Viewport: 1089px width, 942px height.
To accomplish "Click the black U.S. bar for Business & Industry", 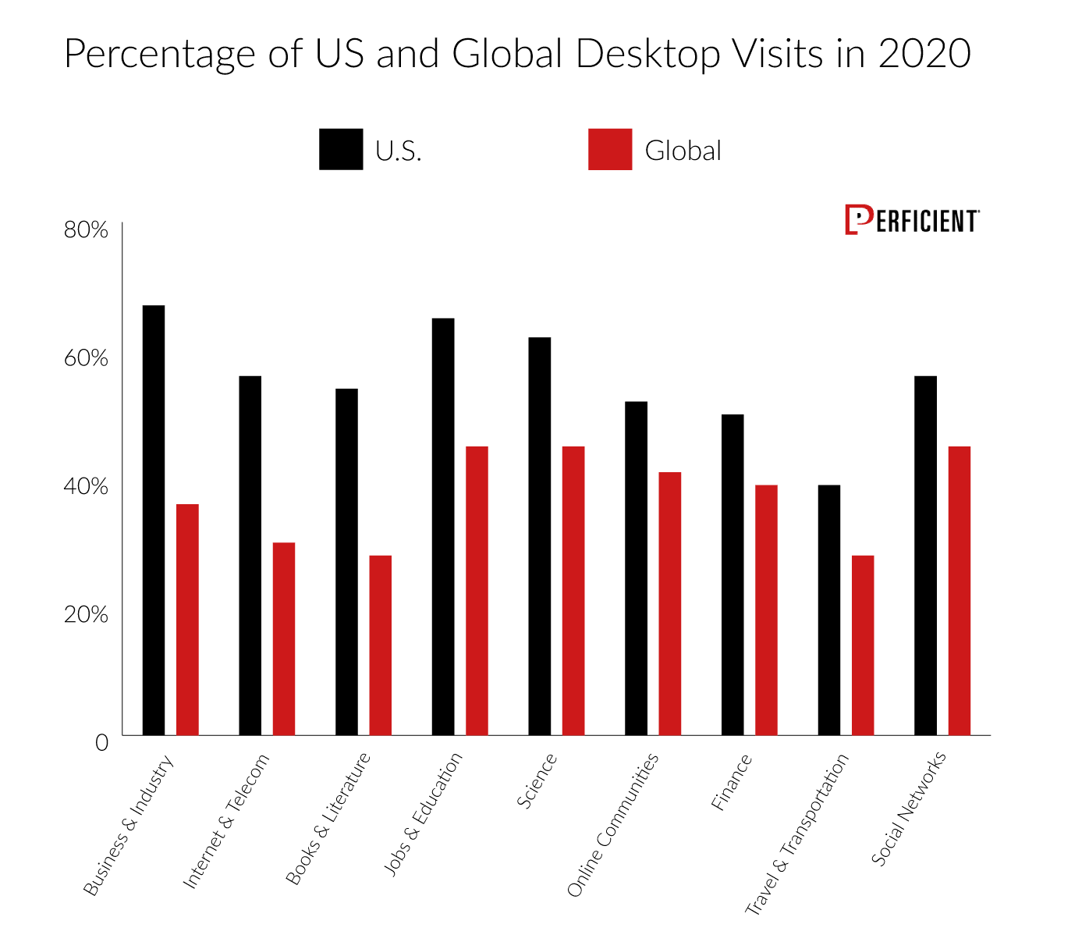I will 154,520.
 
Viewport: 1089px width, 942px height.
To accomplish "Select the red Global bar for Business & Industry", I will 187,620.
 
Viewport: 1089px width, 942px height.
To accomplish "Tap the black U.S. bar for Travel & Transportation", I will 829,610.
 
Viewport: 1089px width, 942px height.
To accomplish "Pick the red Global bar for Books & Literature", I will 380,645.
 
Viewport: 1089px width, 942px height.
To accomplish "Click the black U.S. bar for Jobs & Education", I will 443,527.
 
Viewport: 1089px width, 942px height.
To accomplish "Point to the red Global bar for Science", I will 573,591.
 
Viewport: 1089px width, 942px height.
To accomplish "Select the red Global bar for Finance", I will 766,610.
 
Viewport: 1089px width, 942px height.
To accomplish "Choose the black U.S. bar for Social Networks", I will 925,555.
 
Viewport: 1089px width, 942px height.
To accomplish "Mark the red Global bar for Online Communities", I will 669,603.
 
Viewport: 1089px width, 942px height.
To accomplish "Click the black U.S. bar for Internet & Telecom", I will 250,555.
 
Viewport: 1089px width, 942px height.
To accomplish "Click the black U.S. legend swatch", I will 341,149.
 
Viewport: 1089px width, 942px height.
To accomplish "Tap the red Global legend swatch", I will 610,149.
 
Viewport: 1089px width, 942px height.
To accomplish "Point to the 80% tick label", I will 86,230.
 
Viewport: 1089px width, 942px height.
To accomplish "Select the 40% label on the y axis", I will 86,486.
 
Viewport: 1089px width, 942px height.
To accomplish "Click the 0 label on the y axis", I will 101,742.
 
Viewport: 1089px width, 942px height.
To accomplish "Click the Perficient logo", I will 912,221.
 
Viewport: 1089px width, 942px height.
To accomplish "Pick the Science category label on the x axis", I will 537,780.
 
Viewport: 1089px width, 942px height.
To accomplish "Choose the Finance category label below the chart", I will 731,782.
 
